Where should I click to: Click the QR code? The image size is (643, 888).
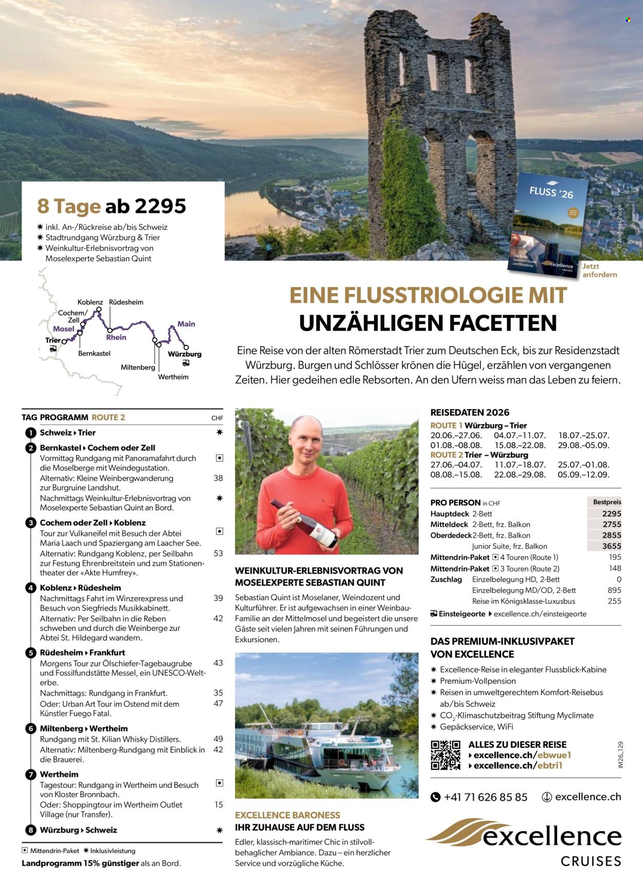tap(445, 755)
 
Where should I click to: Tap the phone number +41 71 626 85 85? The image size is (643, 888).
tap(485, 797)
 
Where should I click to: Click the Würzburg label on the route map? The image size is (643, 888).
tap(184, 354)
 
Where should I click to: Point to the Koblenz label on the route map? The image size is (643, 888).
tap(90, 302)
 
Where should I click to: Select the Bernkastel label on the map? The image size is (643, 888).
tap(94, 354)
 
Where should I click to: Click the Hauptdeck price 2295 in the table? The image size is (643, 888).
tap(611, 513)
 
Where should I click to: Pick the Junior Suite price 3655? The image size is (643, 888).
tap(611, 546)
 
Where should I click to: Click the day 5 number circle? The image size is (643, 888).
tap(31, 653)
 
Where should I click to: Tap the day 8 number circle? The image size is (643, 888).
tap(31, 830)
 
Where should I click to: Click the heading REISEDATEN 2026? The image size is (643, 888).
tap(470, 412)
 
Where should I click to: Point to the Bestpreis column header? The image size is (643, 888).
tap(606, 502)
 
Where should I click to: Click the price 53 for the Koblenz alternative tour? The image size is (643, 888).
tap(218, 553)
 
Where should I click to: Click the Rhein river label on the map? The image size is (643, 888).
tap(116, 337)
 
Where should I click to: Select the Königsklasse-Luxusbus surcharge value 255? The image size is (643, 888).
tap(614, 601)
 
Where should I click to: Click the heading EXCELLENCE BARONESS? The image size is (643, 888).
tap(287, 815)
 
